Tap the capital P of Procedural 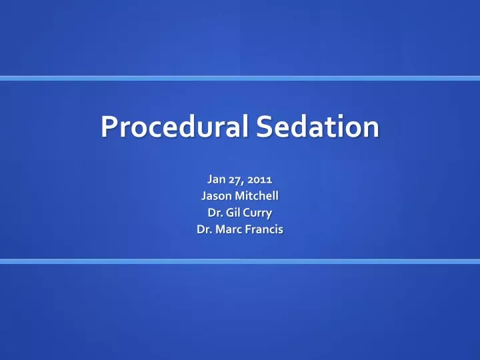click(x=109, y=127)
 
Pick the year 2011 click(x=262, y=179)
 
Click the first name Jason click(x=215, y=196)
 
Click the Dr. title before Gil click(x=215, y=213)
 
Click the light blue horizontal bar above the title click(x=240, y=78)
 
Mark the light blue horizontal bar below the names click(x=240, y=261)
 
